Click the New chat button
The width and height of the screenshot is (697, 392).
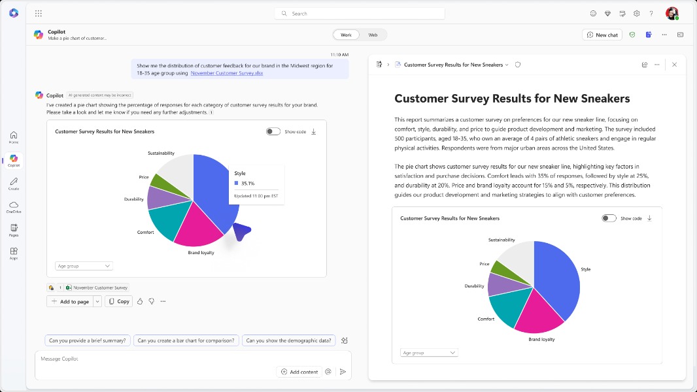(x=602, y=35)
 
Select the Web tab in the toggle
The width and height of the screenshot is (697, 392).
(x=373, y=35)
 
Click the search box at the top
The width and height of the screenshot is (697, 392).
(x=360, y=13)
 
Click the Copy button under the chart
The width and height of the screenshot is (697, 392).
(x=119, y=301)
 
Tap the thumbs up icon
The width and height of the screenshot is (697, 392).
(x=140, y=301)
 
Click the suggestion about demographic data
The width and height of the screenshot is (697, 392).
(x=288, y=340)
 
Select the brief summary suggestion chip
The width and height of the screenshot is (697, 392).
(x=87, y=340)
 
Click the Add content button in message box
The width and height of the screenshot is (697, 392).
(x=299, y=372)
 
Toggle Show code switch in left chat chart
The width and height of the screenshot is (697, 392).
(x=273, y=131)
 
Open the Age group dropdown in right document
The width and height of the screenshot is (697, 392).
(x=429, y=353)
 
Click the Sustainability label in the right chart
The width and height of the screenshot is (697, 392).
(x=501, y=240)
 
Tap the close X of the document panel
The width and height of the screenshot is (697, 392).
(x=674, y=65)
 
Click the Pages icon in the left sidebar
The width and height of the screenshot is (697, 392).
(x=14, y=229)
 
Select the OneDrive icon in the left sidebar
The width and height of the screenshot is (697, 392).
(x=14, y=206)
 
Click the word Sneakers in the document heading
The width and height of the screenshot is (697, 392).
(x=601, y=99)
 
